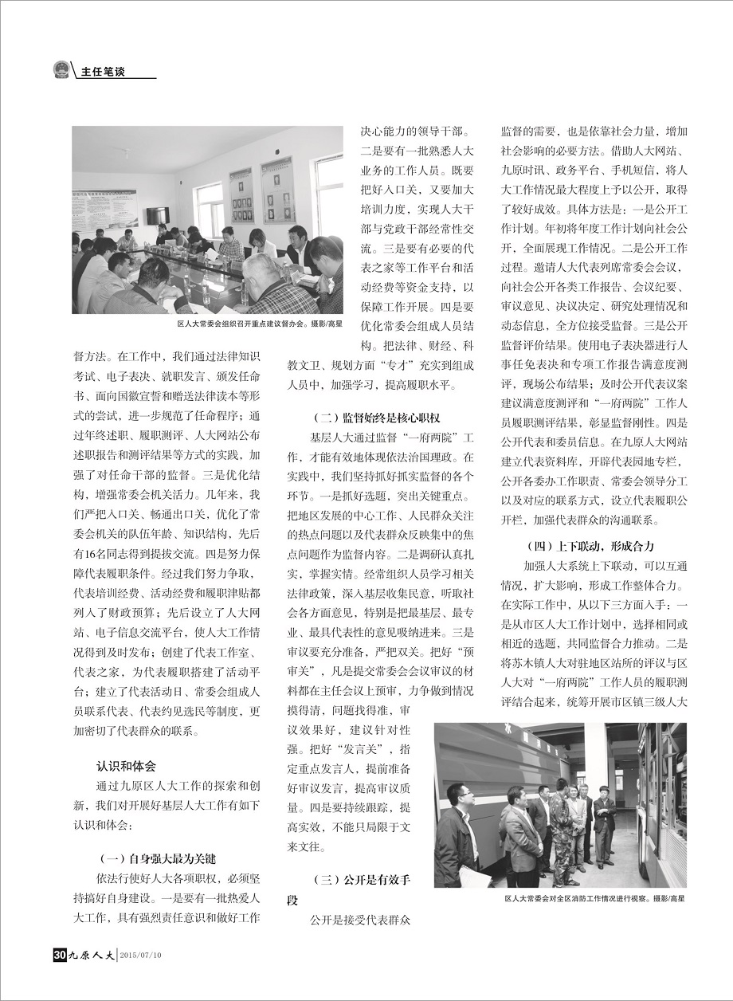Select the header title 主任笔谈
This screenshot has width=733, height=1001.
pos(104,72)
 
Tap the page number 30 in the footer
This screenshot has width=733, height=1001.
pos(58,954)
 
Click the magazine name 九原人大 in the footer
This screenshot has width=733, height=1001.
pos(91,954)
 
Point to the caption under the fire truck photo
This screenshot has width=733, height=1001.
pos(594,897)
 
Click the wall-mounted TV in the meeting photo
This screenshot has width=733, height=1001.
pos(157,215)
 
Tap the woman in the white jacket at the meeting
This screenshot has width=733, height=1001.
pos(260,243)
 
